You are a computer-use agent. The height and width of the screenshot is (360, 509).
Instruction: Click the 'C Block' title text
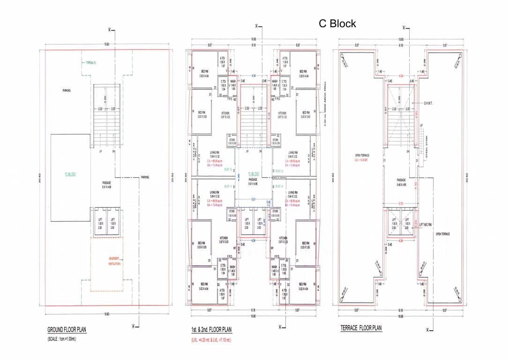(x=337, y=23)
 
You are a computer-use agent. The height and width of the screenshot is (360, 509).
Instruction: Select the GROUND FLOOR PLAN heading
(x=67, y=330)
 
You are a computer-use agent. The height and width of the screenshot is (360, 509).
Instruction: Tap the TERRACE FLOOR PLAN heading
(x=361, y=330)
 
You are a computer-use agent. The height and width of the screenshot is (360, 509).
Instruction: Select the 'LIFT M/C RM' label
(x=427, y=225)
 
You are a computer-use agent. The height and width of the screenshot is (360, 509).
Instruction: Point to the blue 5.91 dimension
(x=253, y=199)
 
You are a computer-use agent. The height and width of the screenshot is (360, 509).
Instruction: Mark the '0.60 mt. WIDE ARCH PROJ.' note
(x=324, y=106)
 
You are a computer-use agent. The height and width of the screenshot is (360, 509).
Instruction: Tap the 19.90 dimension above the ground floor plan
(x=107, y=44)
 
